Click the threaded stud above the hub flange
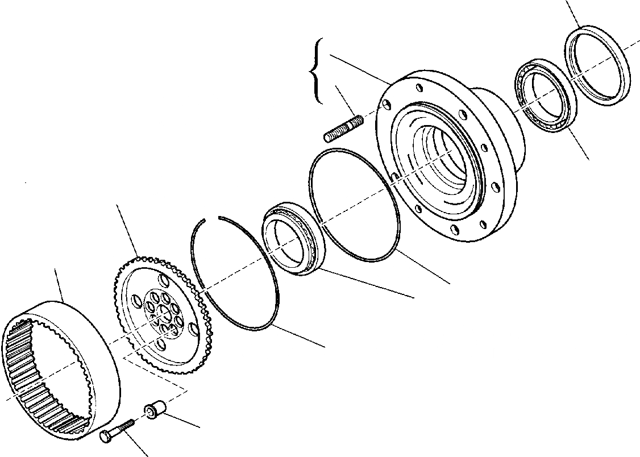343,129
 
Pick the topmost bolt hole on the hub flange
419,88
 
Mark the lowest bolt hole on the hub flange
455,230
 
